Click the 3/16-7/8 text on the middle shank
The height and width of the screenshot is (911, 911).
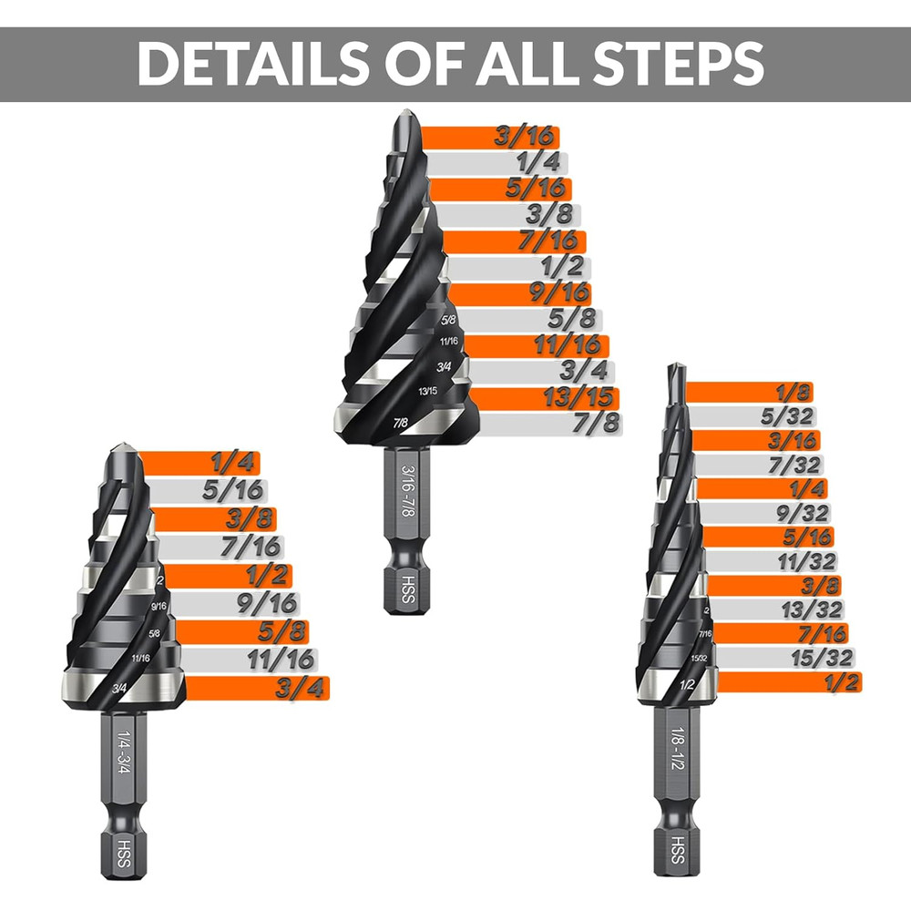[x=407, y=494]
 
